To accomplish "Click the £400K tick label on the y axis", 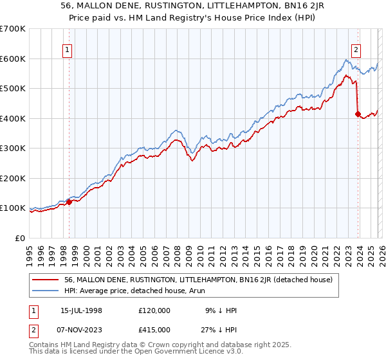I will (13, 118).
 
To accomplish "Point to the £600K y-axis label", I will (13, 59).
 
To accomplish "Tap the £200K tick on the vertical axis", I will (13, 178).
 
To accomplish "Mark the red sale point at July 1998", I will (69, 203).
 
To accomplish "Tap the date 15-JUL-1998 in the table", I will (81, 310).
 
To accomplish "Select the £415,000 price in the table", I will (154, 329).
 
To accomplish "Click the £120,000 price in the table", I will (154, 310).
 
